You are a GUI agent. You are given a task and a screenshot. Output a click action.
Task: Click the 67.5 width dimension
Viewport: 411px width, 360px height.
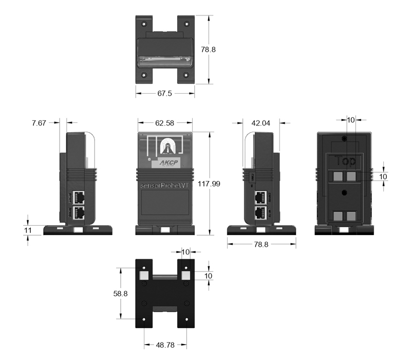(165, 94)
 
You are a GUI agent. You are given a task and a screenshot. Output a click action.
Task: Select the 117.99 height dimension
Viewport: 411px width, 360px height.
(210, 184)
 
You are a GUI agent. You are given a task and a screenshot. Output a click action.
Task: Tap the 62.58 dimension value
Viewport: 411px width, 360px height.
(165, 123)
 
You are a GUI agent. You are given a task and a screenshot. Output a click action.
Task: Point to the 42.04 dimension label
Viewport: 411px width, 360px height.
(261, 123)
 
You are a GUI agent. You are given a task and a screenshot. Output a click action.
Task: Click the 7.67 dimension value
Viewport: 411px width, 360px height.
(39, 123)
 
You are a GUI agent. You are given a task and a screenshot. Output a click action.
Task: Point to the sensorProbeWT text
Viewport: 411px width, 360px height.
(165, 184)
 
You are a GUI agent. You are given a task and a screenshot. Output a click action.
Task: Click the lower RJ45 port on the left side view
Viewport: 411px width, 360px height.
(79, 212)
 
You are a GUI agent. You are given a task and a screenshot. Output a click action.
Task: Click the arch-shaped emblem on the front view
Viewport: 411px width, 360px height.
(165, 147)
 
